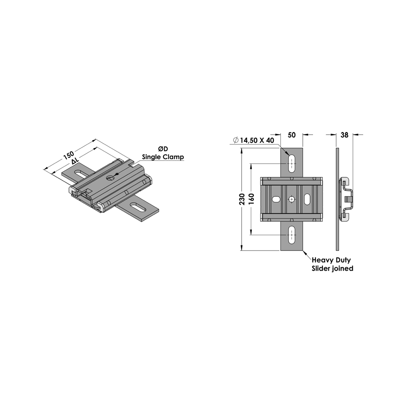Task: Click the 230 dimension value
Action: tap(242, 199)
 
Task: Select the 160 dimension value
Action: tap(251, 199)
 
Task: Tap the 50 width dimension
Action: tap(292, 135)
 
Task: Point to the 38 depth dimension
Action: tap(345, 135)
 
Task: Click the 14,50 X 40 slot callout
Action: tap(257, 140)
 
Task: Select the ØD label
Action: tap(163, 149)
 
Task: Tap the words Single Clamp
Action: tap(163, 157)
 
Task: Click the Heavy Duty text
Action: tap(331, 260)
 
